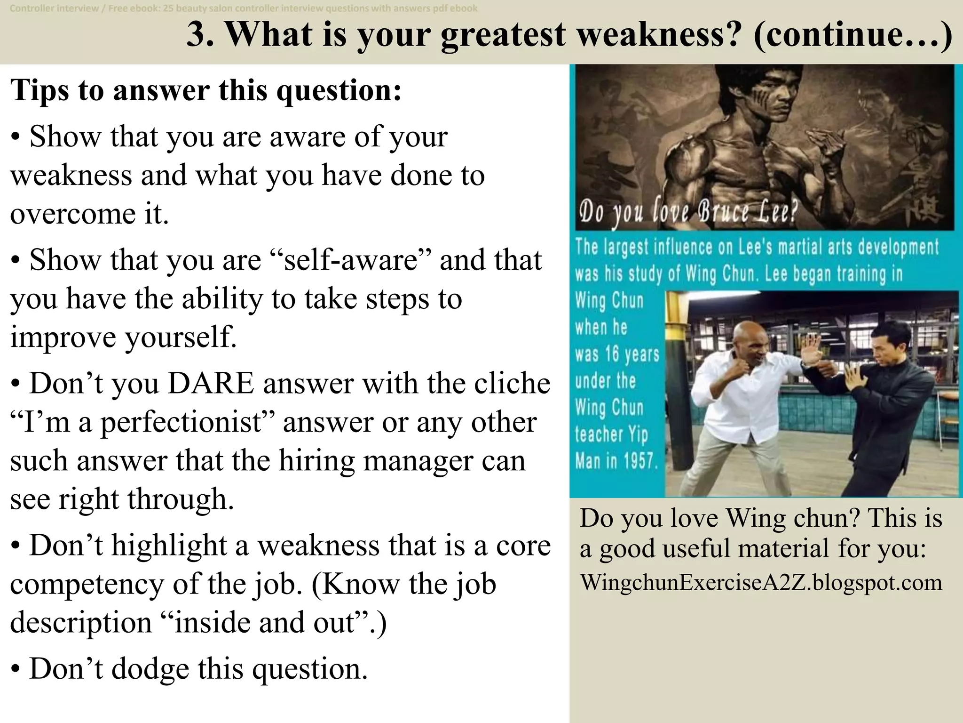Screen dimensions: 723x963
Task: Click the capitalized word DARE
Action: (210, 384)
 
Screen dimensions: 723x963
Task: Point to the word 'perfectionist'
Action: (181, 423)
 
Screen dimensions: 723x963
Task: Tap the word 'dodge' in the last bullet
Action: (150, 669)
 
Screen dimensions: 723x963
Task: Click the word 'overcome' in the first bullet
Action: (69, 214)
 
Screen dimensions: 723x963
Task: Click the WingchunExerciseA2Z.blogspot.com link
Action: (761, 583)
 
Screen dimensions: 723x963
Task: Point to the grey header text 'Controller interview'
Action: (54, 8)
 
